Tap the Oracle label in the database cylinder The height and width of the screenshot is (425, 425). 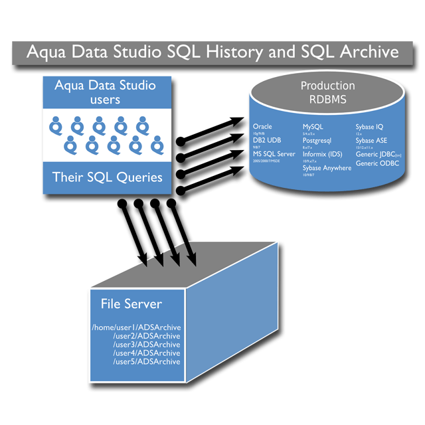pyautogui.click(x=263, y=126)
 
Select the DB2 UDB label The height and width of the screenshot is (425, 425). pyautogui.click(x=267, y=140)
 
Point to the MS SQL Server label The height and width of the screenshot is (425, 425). pyautogui.click(x=274, y=154)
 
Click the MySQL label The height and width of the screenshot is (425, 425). pyautogui.click(x=313, y=126)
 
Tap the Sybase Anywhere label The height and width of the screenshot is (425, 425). pyautogui.click(x=327, y=168)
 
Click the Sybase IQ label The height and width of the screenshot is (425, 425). pyautogui.click(x=369, y=126)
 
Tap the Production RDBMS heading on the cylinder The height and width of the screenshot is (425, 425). pyautogui.click(x=327, y=92)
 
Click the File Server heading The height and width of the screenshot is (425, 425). pyautogui.click(x=131, y=304)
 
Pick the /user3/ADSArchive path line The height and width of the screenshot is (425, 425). pyautogui.click(x=147, y=345)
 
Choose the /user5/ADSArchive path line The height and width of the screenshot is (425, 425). pyautogui.click(x=147, y=362)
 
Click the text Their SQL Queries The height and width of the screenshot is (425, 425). pyautogui.click(x=107, y=177)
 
